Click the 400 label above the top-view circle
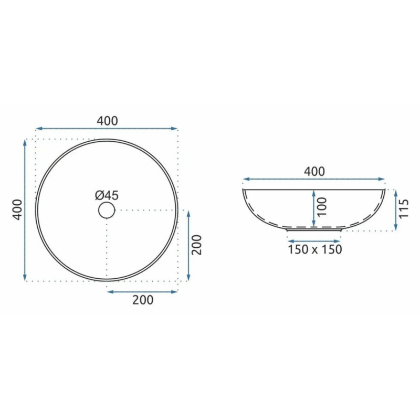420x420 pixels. [107, 121]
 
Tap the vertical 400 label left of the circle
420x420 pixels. [18, 209]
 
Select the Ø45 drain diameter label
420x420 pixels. [107, 195]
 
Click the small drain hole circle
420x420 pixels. [107, 211]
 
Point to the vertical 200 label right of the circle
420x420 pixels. [196, 245]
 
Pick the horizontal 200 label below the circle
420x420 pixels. [143, 300]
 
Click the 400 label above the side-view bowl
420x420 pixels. [314, 172]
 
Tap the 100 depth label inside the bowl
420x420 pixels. [322, 207]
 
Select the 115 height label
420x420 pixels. [404, 209]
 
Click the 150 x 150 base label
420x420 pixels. [314, 249]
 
